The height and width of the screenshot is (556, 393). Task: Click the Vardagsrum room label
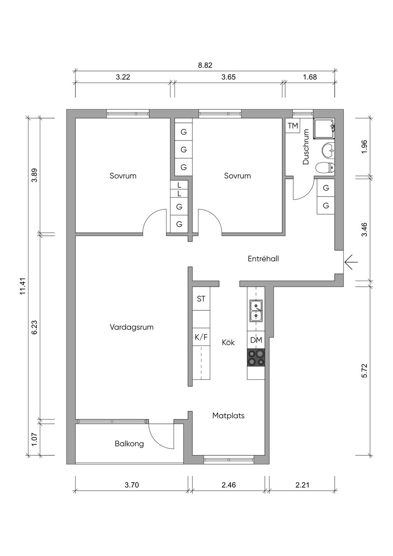coord(131,327)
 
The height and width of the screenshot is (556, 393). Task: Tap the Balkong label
coord(129,444)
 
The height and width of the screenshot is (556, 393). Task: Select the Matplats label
coord(228,415)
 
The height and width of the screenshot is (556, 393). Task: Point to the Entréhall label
coord(263,259)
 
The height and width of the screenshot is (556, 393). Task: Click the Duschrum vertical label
coord(306,147)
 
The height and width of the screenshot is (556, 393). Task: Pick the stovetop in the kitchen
coord(256,357)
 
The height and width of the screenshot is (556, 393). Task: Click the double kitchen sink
coord(256,311)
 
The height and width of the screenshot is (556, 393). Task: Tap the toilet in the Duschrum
coord(325,168)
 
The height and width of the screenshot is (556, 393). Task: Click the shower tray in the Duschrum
coord(324,129)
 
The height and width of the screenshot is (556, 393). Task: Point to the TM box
coord(293,126)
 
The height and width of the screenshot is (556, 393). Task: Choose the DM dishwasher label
coord(256,340)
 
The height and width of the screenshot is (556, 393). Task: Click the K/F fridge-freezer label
coord(201,338)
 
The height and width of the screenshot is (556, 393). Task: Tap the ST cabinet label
coord(201,299)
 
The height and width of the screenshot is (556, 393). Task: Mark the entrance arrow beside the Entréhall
coord(351,262)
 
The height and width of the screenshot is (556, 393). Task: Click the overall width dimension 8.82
coord(205,65)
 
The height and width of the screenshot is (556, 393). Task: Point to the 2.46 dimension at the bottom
coord(229,485)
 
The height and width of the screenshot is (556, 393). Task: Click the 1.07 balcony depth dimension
coord(34,439)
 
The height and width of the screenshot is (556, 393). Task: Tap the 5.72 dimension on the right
coord(365,371)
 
